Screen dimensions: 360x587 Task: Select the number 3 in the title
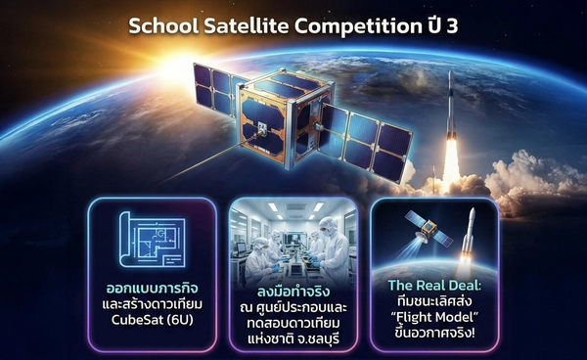[x=451, y=25]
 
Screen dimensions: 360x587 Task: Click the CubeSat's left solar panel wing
[x=218, y=88]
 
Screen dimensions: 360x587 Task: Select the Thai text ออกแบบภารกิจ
[x=152, y=291]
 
